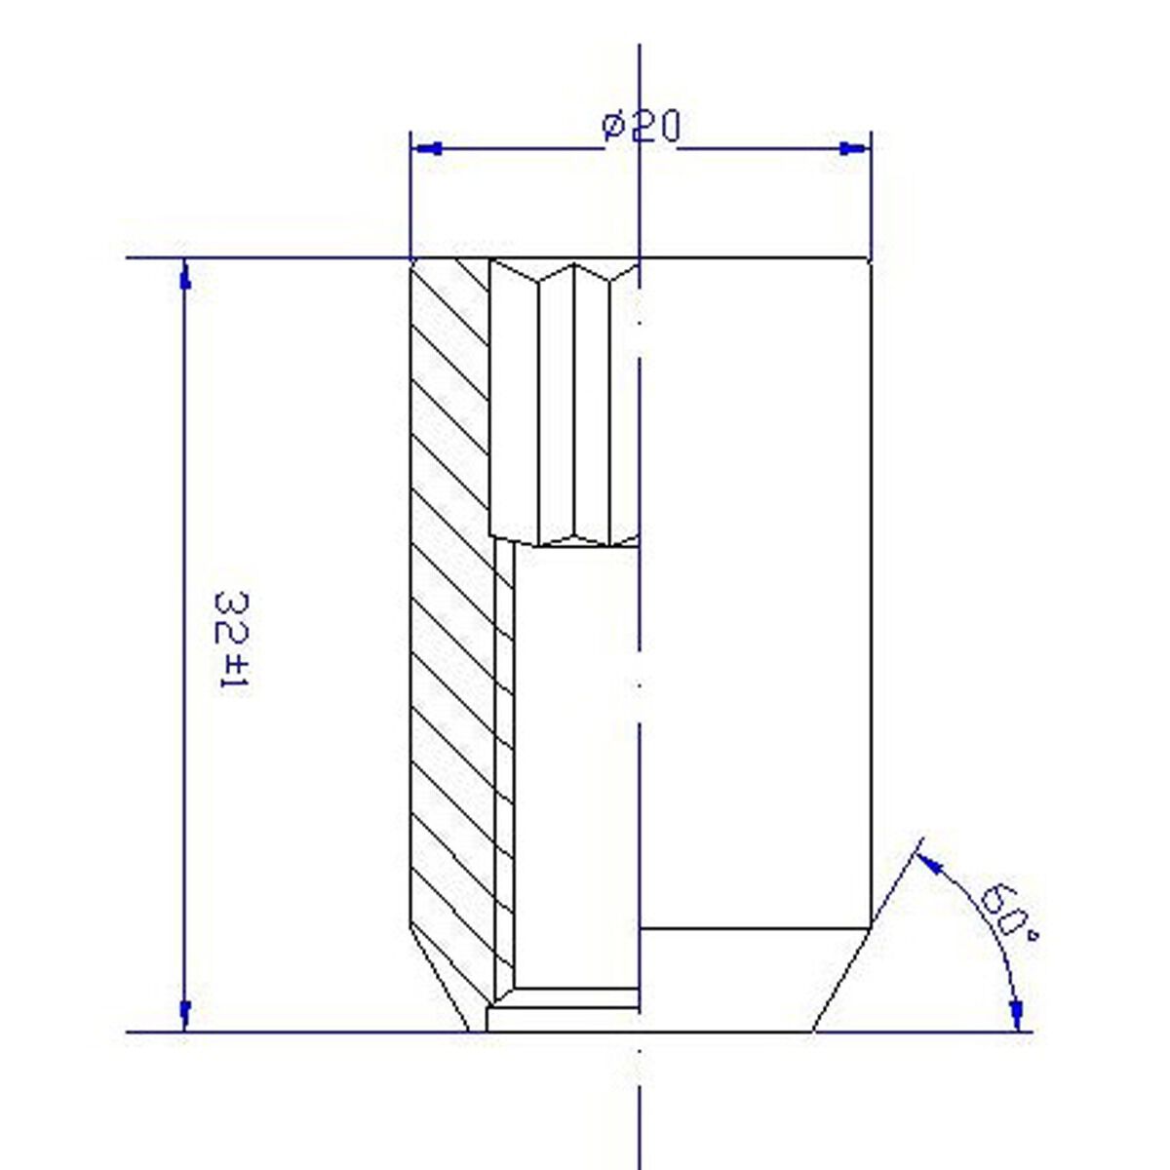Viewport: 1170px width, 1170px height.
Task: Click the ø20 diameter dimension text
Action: (x=642, y=128)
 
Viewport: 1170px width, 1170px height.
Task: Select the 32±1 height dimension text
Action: (x=230, y=640)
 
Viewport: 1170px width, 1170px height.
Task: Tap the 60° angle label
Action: (x=1005, y=911)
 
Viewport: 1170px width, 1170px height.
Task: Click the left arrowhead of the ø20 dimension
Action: (x=428, y=149)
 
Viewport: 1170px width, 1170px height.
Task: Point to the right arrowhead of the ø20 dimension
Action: (x=852, y=149)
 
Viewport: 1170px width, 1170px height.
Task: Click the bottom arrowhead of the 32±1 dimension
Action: (x=184, y=1014)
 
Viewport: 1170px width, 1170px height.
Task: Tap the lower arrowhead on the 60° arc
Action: (x=1017, y=1014)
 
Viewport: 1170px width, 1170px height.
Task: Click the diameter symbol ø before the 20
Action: (x=613, y=127)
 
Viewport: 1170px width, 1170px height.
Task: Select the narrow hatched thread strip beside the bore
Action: (x=504, y=760)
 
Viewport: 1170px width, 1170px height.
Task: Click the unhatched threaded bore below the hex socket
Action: (x=575, y=760)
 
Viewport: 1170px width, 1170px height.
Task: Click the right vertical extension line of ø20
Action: (x=870, y=195)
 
